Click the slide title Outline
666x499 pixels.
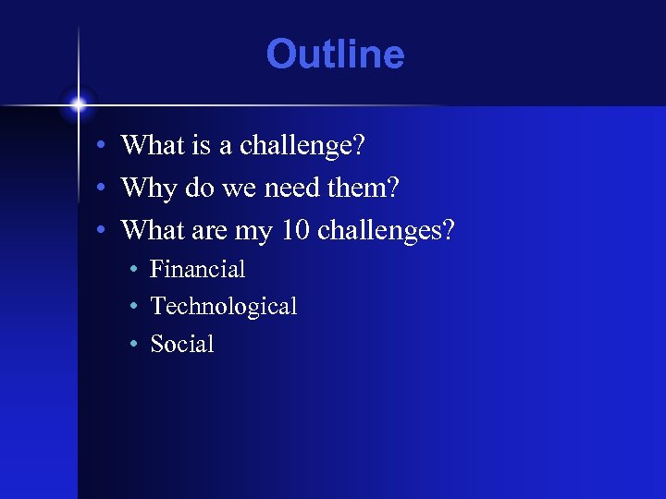[x=335, y=55]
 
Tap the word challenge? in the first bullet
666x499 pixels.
[x=302, y=145]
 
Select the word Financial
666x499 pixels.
[x=197, y=269]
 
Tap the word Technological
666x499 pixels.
[x=223, y=306]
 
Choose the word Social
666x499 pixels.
[x=181, y=344]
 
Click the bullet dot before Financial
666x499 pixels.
[x=133, y=270]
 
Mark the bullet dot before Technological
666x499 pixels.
[x=133, y=307]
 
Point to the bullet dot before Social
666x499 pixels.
[x=133, y=345]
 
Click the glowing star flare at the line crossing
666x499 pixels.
[x=79, y=104]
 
